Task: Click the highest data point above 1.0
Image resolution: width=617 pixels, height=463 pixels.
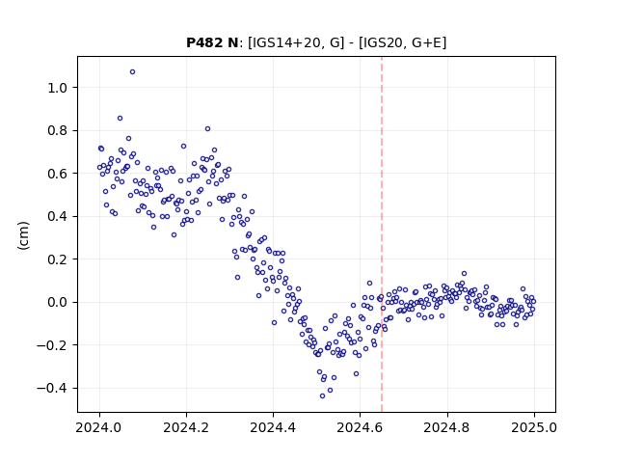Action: pyautogui.click(x=133, y=72)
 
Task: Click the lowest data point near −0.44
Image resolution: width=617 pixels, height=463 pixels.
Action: pyautogui.click(x=322, y=396)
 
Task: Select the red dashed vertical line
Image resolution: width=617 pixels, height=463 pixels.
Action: pyautogui.click(x=382, y=234)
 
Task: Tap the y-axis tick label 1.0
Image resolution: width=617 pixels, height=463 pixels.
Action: pyautogui.click(x=58, y=88)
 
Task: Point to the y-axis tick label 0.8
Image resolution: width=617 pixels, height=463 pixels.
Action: pyautogui.click(x=58, y=131)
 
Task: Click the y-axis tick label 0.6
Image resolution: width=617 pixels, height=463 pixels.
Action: pyautogui.click(x=58, y=174)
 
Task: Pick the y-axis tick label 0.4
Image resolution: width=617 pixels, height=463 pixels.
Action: pyautogui.click(x=58, y=216)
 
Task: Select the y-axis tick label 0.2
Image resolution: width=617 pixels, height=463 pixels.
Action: pyautogui.click(x=58, y=259)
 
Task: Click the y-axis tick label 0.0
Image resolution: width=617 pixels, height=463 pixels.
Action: pyautogui.click(x=58, y=302)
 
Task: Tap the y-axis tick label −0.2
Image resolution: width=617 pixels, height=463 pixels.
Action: pyautogui.click(x=52, y=345)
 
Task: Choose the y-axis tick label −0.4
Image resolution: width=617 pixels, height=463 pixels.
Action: pyautogui.click(x=52, y=388)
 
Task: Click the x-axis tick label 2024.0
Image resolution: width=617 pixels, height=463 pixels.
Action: pyautogui.click(x=99, y=427)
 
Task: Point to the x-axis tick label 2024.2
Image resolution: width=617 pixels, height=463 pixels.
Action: pyautogui.click(x=186, y=427)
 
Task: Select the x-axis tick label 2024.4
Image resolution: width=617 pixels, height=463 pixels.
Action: pyautogui.click(x=273, y=427)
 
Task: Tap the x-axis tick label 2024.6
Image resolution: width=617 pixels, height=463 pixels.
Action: pyautogui.click(x=360, y=427)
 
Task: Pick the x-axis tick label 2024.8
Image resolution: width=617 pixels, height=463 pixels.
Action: pyautogui.click(x=447, y=427)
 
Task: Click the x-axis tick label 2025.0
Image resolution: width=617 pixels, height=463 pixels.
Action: pyautogui.click(x=534, y=427)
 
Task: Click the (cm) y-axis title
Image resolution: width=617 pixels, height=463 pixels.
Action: pyautogui.click(x=23, y=235)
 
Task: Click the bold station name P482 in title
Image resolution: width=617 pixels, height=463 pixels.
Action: pyautogui.click(x=204, y=42)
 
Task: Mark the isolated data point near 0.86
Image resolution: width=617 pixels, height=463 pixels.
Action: pyautogui.click(x=120, y=118)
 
